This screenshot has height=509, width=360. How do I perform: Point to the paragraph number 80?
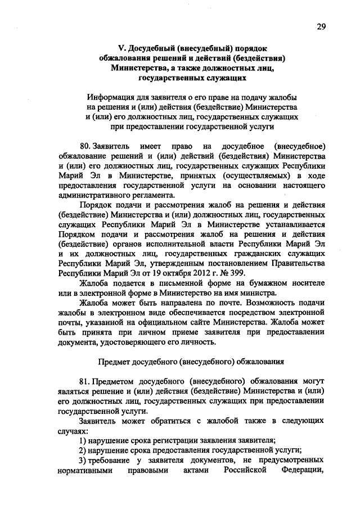85,146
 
